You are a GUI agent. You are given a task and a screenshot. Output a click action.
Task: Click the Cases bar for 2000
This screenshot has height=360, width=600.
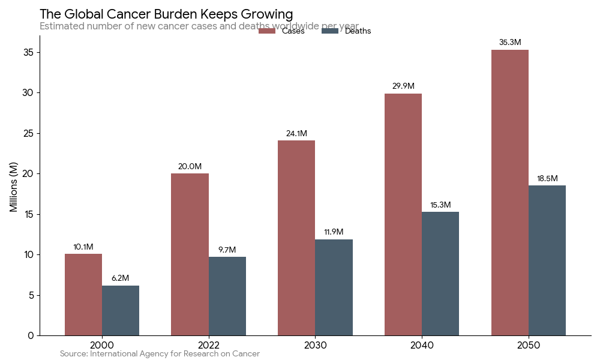(83, 295)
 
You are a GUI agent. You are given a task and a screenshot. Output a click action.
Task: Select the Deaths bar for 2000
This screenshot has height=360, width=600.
(121, 310)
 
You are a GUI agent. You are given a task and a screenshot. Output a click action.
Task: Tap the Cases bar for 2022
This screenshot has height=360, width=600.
(190, 254)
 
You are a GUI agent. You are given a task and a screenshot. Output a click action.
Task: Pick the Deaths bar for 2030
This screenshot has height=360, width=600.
(334, 287)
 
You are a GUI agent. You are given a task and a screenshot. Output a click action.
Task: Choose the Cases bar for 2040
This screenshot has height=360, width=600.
(403, 214)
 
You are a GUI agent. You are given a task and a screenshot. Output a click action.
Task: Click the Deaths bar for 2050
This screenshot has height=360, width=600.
(547, 260)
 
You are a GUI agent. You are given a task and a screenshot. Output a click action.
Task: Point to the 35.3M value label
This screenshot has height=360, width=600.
(510, 43)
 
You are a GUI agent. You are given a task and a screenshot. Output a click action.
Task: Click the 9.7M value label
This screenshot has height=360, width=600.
(227, 250)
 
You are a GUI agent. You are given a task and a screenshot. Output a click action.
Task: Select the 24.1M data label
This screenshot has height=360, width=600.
(296, 133)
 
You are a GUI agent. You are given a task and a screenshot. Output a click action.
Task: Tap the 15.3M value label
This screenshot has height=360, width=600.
(440, 205)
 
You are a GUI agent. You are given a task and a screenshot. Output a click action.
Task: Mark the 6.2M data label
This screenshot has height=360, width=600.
(121, 278)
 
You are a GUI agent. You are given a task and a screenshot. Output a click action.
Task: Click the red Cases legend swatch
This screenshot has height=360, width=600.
(266, 31)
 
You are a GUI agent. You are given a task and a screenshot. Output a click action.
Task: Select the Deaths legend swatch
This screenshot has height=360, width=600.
(330, 31)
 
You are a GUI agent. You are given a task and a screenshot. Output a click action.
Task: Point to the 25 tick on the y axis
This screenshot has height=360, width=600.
(29, 133)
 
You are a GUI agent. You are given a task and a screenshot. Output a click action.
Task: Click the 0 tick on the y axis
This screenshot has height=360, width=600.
(31, 335)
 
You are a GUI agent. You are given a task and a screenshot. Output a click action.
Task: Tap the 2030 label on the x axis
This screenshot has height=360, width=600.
(315, 346)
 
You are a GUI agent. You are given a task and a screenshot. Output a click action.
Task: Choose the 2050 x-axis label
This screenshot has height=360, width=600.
(529, 346)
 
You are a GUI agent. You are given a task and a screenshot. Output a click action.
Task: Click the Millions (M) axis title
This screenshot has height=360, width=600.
(14, 186)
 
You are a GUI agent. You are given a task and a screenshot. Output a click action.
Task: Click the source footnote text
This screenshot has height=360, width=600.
(160, 354)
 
